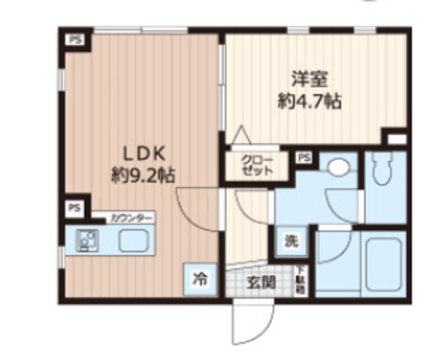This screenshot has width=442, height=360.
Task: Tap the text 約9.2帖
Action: [143, 175]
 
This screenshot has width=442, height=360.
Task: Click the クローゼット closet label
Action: [256, 167]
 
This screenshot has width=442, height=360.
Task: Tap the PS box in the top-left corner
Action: [74, 40]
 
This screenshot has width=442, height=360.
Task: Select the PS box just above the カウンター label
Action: [74, 207]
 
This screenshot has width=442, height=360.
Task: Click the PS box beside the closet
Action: [304, 158]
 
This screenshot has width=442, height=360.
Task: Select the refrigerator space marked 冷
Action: [199, 280]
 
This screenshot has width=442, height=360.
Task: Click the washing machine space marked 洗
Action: [291, 242]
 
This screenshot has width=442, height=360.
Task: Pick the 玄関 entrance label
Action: [262, 282]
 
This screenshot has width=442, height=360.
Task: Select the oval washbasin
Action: [338, 168]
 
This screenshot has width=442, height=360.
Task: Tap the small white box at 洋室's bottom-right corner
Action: [396, 139]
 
